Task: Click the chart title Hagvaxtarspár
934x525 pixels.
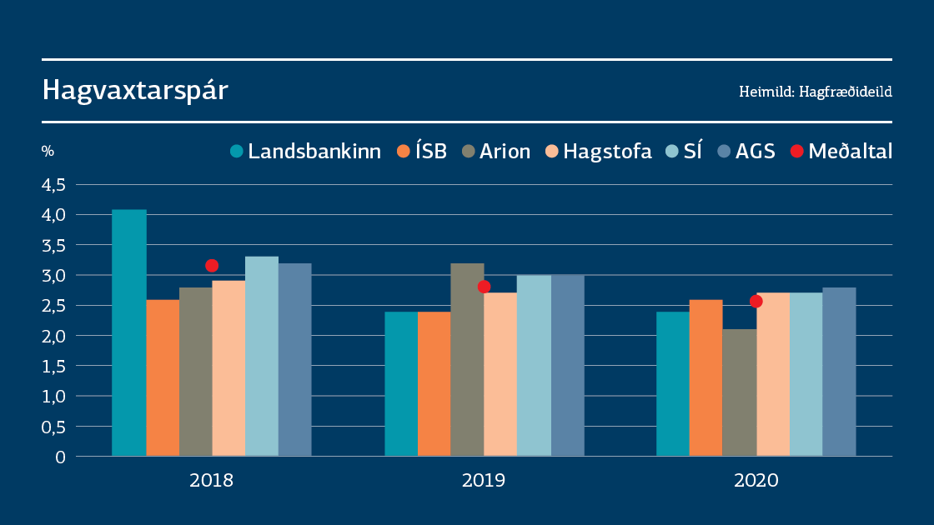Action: point(135,91)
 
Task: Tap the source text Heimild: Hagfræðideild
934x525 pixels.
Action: point(815,92)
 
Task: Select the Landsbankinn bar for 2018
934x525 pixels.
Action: point(129,333)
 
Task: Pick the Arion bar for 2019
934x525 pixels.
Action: point(467,360)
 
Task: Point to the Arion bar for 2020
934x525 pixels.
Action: point(739,392)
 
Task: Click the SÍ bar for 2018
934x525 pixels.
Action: point(262,357)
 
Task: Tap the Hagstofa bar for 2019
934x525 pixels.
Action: point(500,374)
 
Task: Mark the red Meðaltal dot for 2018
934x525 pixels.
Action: point(212,266)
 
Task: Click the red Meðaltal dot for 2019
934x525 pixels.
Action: point(484,287)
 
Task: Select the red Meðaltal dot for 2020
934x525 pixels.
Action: point(756,301)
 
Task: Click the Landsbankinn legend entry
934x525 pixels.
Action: point(305,152)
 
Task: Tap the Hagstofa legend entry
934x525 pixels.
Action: point(598,152)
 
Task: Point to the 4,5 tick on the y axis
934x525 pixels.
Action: point(53,185)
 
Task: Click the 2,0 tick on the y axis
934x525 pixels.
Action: point(53,336)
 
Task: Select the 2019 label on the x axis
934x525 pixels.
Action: point(484,481)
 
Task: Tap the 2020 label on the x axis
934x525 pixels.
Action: point(756,481)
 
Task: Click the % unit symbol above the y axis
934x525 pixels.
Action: point(48,152)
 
